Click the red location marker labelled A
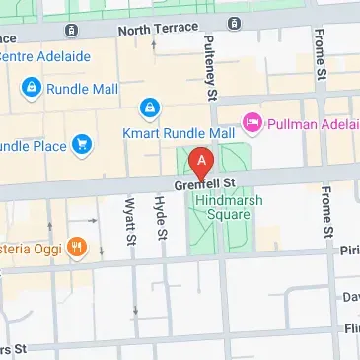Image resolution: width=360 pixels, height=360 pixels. (x=202, y=161)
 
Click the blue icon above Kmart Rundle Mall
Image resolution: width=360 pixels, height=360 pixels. (x=149, y=107)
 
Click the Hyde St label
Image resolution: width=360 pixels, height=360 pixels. (x=158, y=218)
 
